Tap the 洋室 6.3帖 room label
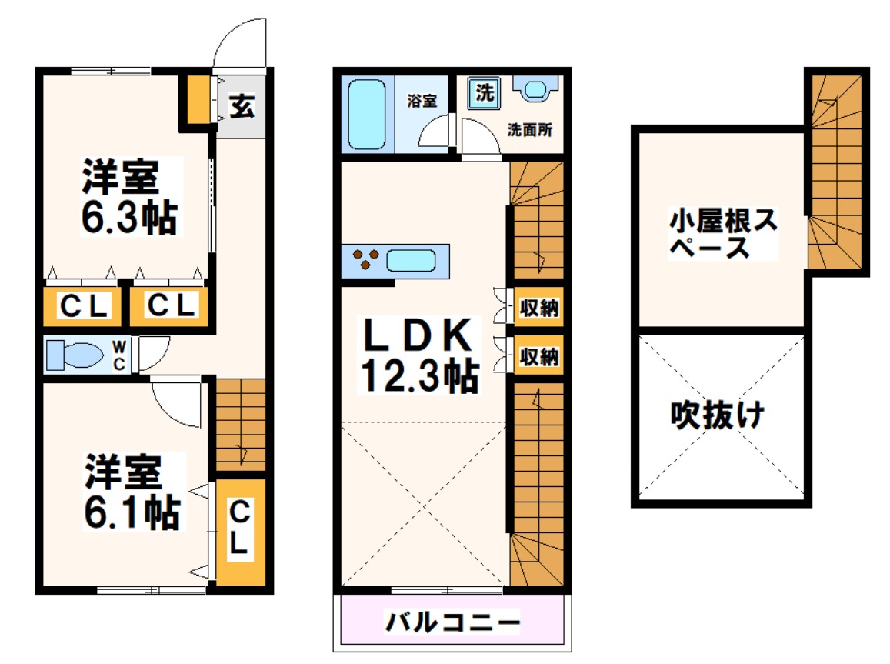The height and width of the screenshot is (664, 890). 129,197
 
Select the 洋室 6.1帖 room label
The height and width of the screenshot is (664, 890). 131,492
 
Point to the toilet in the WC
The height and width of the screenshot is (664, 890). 75,355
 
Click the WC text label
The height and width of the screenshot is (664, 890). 119,356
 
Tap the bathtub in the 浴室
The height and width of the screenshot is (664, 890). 366,115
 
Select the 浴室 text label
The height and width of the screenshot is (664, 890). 422,101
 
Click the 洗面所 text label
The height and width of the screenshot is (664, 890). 529,130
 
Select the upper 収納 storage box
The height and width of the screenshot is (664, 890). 538,309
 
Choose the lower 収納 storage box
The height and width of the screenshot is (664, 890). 538,356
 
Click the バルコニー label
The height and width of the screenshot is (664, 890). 453,620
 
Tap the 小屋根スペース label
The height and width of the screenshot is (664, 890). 722,235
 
